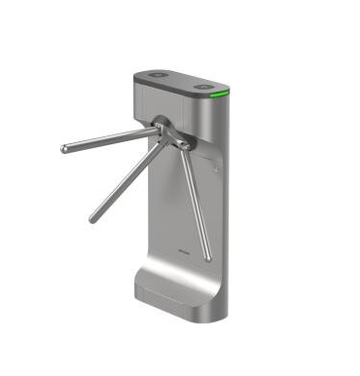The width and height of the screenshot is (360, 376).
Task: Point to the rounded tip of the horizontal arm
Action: point(64,149)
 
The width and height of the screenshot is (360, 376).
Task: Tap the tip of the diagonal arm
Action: point(92,218)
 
